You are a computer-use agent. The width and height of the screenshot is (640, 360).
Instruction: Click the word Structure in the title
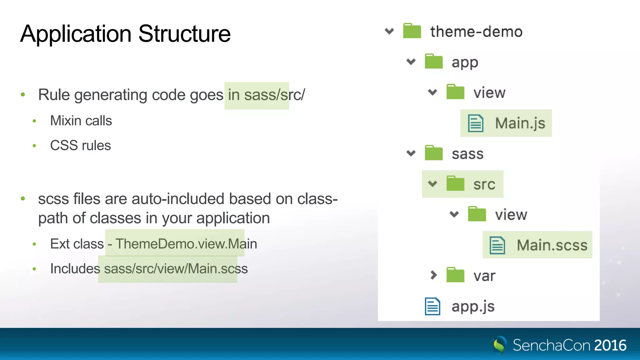pos(184,34)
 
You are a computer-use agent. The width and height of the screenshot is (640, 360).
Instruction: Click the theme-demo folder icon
pos(412,31)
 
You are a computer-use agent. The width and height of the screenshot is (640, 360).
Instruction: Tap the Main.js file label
pos(520,123)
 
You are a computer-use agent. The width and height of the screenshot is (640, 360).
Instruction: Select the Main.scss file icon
pos(497,245)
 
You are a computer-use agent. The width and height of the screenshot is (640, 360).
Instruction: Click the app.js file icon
pos(432,307)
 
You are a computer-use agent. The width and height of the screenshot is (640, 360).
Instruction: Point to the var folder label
pos(484,276)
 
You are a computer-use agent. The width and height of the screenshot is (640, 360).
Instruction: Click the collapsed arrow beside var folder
pos(433,275)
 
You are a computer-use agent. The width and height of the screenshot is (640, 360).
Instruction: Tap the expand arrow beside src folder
pos(432,184)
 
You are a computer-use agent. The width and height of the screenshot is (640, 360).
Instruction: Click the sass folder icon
pos(434,153)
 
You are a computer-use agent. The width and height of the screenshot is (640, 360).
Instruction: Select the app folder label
pos(465,63)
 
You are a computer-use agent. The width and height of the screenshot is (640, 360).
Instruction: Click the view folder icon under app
pos(455,92)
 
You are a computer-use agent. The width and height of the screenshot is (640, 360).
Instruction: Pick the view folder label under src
pos(511,215)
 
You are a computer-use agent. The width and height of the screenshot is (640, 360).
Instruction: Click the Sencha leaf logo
pos(499,345)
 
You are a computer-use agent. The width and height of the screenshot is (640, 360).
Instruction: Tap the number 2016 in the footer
pos(610,345)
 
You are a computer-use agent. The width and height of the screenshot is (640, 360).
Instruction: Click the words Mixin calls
pos(81,121)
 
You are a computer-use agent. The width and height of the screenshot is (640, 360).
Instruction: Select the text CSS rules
pos(80,146)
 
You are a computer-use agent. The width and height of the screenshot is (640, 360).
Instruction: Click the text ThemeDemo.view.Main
pos(186,244)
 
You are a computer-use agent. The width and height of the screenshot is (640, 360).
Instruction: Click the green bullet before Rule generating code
pos(23,94)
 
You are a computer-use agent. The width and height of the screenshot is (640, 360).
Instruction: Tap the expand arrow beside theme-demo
pos(389,31)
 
